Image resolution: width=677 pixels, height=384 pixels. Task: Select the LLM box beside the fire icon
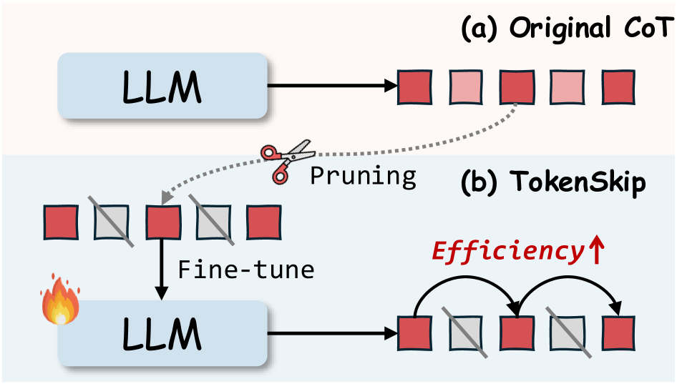click(x=162, y=334)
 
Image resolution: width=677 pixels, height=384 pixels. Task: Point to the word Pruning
click(x=363, y=175)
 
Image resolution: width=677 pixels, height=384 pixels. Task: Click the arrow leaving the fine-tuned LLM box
click(x=333, y=334)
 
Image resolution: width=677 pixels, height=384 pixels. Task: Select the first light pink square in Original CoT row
click(x=465, y=87)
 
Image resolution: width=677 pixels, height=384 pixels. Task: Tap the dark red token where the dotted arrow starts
click(x=516, y=87)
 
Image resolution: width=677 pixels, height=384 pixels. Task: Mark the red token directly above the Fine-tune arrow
click(x=162, y=222)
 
